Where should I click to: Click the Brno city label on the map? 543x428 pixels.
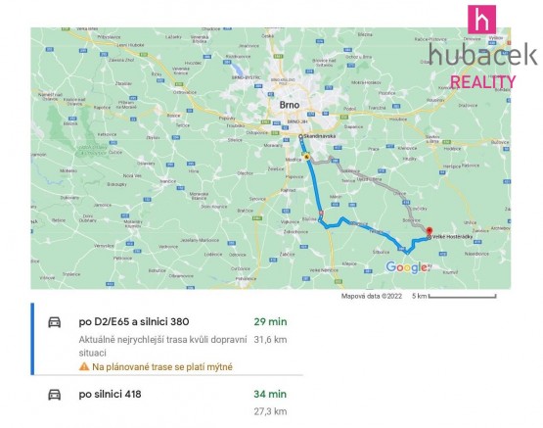pos(288,103)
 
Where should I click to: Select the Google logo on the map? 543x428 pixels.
pos(406,266)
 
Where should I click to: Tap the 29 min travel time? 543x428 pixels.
pos(270,321)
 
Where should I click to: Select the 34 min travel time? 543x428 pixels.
pos(270,395)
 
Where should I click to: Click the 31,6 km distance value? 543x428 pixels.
pos(270,340)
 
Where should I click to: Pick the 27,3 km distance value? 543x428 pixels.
pos(270,413)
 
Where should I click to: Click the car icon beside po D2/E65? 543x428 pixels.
pos(55,322)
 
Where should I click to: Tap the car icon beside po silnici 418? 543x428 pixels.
pos(55,396)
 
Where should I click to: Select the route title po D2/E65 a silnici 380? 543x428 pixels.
pos(133,321)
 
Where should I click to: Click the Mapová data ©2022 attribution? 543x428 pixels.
pos(371,296)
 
